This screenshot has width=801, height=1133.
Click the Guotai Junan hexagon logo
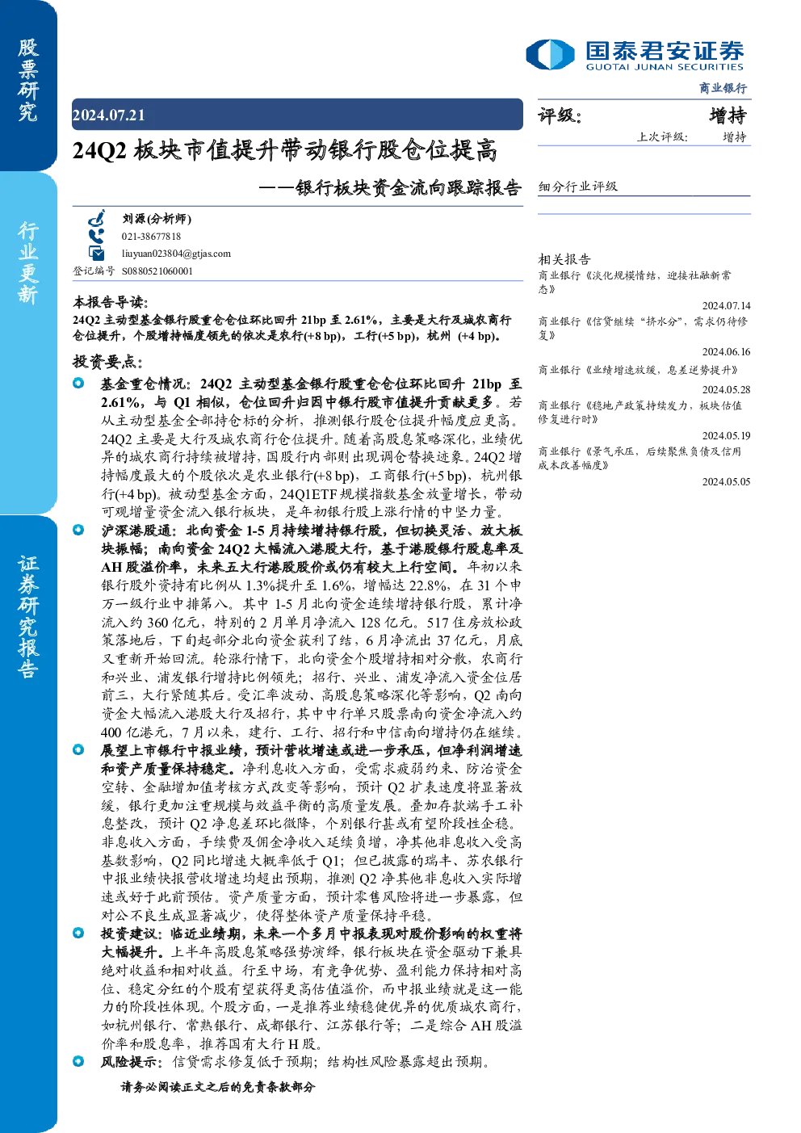[550, 54]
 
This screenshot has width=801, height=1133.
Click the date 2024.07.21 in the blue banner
[109, 115]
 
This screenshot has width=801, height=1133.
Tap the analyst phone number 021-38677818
[151, 237]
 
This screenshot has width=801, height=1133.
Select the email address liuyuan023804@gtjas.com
[176, 254]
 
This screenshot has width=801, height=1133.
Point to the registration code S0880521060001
[157, 271]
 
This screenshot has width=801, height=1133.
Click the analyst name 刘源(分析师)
[157, 219]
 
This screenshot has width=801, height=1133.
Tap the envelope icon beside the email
[96, 254]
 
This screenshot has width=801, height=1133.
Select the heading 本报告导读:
[111, 303]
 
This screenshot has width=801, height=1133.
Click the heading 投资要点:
[107, 362]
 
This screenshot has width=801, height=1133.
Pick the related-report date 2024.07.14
[726, 305]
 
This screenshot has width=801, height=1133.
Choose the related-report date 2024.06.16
[726, 351]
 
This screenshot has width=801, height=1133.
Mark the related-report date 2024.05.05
[726, 481]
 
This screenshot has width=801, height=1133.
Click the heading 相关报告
[564, 259]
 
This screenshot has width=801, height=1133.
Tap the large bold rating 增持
[728, 115]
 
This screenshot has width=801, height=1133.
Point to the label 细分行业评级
[578, 187]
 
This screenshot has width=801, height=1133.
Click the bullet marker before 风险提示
[78, 1060]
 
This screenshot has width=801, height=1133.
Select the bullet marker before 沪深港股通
[78, 530]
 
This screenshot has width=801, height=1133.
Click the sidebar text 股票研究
[27, 80]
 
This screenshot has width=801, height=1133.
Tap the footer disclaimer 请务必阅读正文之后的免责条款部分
[218, 1086]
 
